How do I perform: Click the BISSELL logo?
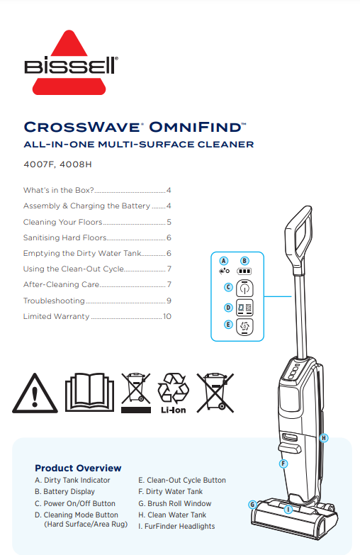click(71, 62)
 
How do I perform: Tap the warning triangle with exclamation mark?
click(35, 393)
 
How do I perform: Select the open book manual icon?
click(89, 392)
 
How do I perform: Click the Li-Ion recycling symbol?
click(173, 393)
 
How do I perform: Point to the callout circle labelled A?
click(223, 261)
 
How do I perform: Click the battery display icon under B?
click(244, 271)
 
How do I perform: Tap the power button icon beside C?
click(244, 288)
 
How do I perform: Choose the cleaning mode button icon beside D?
click(244, 308)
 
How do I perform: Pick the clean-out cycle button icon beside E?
click(244, 326)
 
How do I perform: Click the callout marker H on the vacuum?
click(324, 438)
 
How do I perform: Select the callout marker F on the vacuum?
click(283, 464)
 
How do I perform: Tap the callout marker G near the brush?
click(252, 505)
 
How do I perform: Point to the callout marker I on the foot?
click(288, 510)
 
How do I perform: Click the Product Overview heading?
click(78, 468)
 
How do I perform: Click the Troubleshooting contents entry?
click(54, 301)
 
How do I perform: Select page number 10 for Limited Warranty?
click(167, 316)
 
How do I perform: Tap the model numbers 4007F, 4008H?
click(57, 164)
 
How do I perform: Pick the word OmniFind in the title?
click(197, 127)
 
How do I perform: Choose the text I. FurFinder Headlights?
click(176, 526)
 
